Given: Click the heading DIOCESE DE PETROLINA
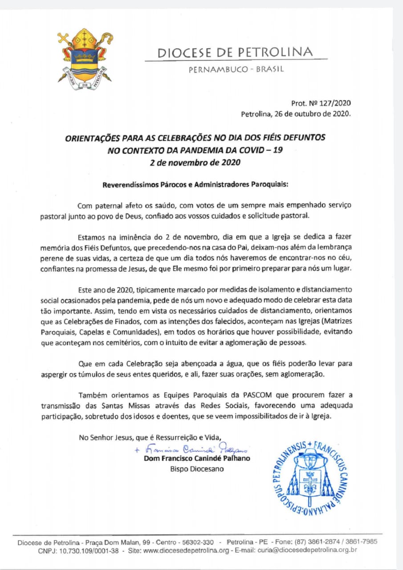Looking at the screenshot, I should tap(235, 53).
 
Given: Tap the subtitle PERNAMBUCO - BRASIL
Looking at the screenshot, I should tap(236, 69).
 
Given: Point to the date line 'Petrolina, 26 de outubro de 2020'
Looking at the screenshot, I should tap(296, 114).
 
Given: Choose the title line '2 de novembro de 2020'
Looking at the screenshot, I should tap(195, 163).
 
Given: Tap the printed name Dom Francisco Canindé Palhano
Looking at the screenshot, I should tap(197, 459).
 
